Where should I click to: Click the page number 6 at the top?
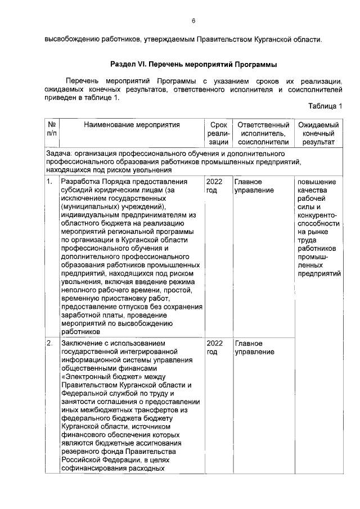coord(193,21)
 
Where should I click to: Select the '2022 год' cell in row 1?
coord(215,186)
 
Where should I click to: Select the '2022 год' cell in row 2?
coord(215,347)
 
